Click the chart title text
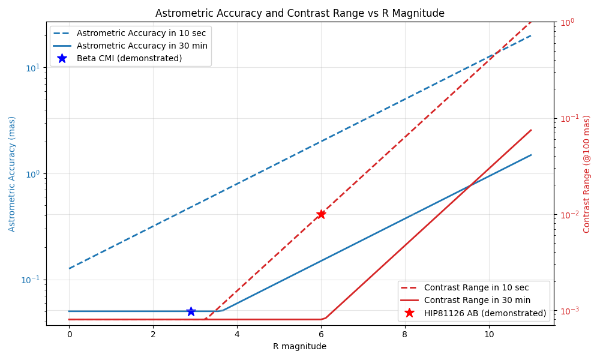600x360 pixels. pyautogui.click(x=300, y=13)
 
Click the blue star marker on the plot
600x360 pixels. pyautogui.click(x=191, y=311)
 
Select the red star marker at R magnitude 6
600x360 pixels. pyautogui.click(x=321, y=214)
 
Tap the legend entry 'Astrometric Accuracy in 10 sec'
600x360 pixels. pyautogui.click(x=142, y=33)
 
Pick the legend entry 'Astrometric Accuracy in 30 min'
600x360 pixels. pyautogui.click(x=142, y=46)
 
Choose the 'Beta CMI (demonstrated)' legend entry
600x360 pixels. pyautogui.click(x=129, y=58)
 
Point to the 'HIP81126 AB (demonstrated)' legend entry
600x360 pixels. pyautogui.click(x=485, y=313)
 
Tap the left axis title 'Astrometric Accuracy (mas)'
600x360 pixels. pyautogui.click(x=12, y=174)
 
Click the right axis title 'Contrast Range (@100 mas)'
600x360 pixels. pyautogui.click(x=587, y=174)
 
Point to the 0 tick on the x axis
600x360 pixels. pyautogui.click(x=69, y=334)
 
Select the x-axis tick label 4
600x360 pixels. pyautogui.click(x=237, y=334)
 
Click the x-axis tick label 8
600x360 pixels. pyautogui.click(x=404, y=334)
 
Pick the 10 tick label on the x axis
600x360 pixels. pyautogui.click(x=488, y=334)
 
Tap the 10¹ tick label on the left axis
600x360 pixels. pyautogui.click(x=32, y=67)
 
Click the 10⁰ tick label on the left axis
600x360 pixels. pyautogui.click(x=32, y=173)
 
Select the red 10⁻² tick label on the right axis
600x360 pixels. pyautogui.click(x=568, y=214)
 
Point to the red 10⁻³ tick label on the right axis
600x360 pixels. pyautogui.click(x=568, y=311)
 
